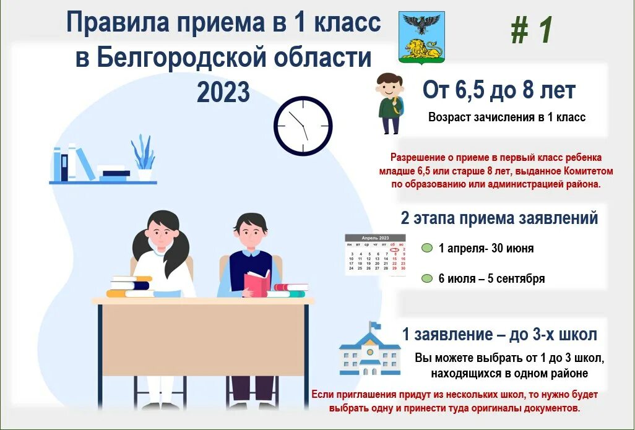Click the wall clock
coord(303,126)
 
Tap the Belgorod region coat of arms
coord(421,37)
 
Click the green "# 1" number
coord(531,30)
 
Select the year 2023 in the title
coord(223,92)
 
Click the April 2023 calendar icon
coord(375,254)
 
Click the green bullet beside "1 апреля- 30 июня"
coord(426,248)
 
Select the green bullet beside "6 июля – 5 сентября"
coord(426,278)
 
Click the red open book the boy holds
coord(257,282)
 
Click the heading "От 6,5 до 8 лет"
coord(499,90)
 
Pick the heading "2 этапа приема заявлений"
coord(499,218)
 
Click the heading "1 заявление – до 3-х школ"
coord(499,335)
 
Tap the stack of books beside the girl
coord(129,286)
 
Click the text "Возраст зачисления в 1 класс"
coord(506,117)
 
